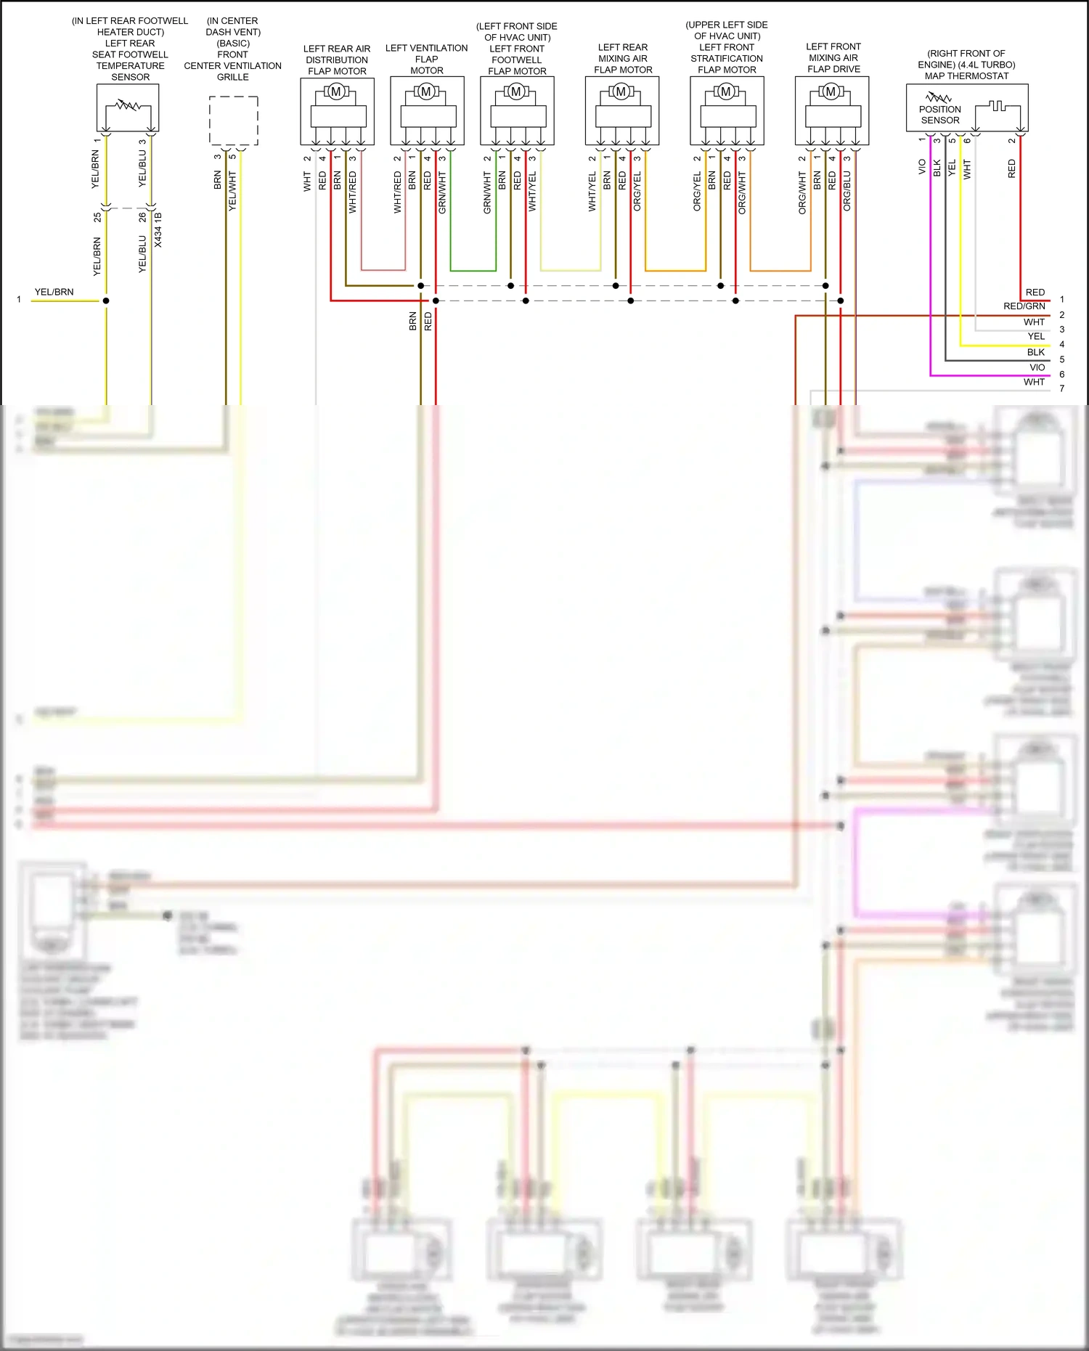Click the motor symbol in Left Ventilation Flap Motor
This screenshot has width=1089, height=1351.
tap(426, 91)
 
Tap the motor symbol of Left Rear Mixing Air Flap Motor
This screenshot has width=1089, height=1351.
tap(621, 91)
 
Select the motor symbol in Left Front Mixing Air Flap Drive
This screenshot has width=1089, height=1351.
tap(831, 91)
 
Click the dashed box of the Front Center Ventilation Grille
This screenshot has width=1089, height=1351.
tap(233, 121)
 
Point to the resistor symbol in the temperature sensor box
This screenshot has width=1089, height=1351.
tap(129, 106)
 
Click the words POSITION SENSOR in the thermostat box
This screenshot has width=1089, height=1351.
tap(939, 115)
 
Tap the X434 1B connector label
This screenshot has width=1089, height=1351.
tap(158, 229)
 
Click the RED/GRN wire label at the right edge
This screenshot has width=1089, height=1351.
tap(1024, 306)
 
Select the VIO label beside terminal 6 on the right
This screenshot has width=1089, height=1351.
tap(1037, 367)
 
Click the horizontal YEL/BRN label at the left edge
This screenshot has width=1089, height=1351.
tap(54, 293)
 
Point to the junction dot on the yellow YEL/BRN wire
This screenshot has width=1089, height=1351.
tap(106, 301)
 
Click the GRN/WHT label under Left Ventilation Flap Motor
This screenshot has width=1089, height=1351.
tap(442, 192)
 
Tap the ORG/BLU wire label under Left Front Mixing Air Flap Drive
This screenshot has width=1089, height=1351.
tap(847, 192)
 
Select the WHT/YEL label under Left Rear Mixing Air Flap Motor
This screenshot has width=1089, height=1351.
tap(592, 192)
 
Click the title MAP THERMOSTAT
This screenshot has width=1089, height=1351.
tap(966, 76)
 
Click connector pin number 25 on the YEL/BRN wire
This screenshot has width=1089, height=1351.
tap(98, 217)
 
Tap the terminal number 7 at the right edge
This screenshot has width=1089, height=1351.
tap(1061, 389)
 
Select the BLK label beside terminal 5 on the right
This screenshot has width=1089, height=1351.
tap(1036, 352)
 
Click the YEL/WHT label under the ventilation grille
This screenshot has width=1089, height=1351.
tap(232, 191)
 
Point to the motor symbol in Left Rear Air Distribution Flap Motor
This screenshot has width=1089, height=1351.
tap(336, 91)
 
